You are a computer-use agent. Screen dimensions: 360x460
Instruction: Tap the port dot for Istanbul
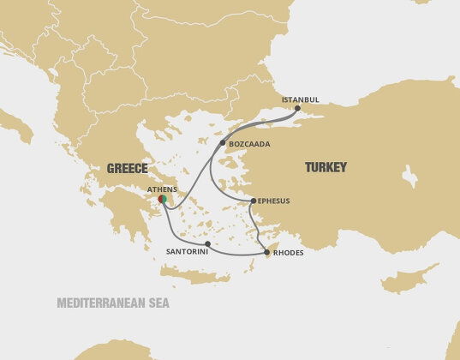pyautogui.click(x=297, y=108)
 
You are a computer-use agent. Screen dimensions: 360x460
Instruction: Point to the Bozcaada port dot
pyautogui.click(x=222, y=142)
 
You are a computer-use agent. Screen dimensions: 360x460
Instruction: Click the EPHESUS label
pyautogui.click(x=273, y=201)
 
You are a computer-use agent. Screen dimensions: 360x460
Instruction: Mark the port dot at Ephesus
pyautogui.click(x=252, y=201)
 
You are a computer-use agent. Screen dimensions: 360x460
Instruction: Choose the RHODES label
pyautogui.click(x=289, y=253)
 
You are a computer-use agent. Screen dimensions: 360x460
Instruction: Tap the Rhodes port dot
pyautogui.click(x=266, y=252)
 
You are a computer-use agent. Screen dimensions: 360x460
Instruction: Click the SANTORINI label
pyautogui.click(x=187, y=253)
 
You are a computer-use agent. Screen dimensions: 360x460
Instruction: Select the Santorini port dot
pyautogui.click(x=208, y=243)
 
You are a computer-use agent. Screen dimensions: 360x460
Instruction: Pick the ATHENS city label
pyautogui.click(x=162, y=189)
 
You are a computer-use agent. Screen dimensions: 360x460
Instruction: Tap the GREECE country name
pyautogui.click(x=127, y=168)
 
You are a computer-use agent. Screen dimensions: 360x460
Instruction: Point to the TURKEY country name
pyautogui.click(x=326, y=168)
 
